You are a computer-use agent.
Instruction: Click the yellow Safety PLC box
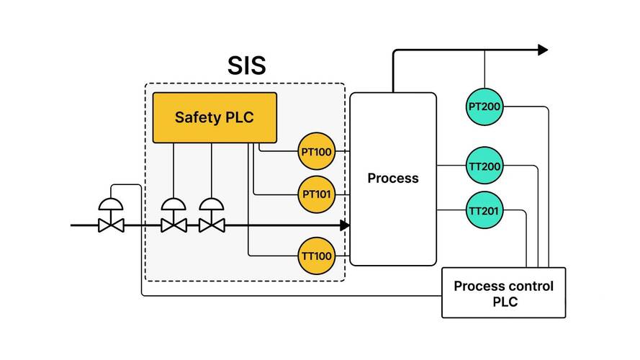tap(215, 117)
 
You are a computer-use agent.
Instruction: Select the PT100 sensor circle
tap(316, 151)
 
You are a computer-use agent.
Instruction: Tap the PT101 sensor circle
tap(316, 194)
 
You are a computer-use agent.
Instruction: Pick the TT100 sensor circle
tap(316, 256)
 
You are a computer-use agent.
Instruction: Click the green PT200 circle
tap(484, 107)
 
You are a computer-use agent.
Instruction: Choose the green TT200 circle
tap(484, 166)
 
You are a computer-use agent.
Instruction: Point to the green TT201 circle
tap(484, 210)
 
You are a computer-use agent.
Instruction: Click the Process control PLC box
tap(504, 292)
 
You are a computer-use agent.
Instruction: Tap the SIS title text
tap(246, 66)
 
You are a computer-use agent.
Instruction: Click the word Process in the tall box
tap(393, 178)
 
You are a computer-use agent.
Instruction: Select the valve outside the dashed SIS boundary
tap(111, 215)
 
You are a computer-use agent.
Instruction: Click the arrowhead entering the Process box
tap(345, 225)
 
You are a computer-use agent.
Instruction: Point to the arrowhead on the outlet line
tap(543, 50)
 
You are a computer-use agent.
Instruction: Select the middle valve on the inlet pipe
tap(174, 215)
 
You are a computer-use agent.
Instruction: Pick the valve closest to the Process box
tap(212, 215)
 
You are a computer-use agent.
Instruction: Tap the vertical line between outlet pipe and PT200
tap(484, 69)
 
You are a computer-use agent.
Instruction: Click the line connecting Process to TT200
tap(451, 166)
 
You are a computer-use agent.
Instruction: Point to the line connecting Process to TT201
tap(451, 210)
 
